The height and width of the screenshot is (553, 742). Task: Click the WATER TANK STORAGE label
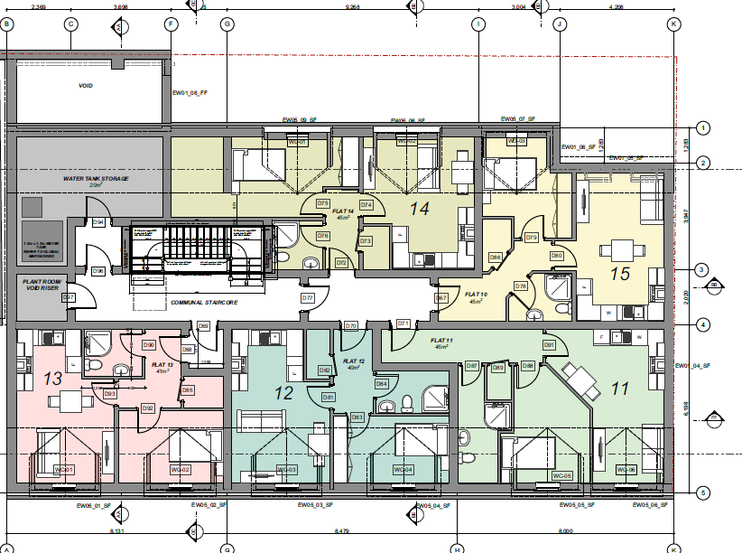pos(96,179)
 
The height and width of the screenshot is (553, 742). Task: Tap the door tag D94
pos(98,222)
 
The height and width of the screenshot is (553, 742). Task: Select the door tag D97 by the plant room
pos(69,297)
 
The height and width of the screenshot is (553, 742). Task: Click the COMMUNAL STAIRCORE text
pos(207,302)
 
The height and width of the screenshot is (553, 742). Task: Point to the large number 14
pos(419,208)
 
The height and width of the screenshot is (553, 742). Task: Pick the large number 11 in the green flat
pos(619,389)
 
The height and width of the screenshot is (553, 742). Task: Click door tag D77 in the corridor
pos(307,297)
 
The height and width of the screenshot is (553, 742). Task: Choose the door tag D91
pos(548,344)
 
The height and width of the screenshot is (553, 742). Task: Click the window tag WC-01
pos(62,469)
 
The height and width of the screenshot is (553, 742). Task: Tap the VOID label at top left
pos(86,86)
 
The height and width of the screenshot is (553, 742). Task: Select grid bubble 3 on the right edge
pos(701,269)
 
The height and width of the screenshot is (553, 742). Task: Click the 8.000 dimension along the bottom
pos(565,530)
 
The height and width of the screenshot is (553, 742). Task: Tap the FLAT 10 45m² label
pos(476,297)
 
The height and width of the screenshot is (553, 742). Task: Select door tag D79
pos(532,238)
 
